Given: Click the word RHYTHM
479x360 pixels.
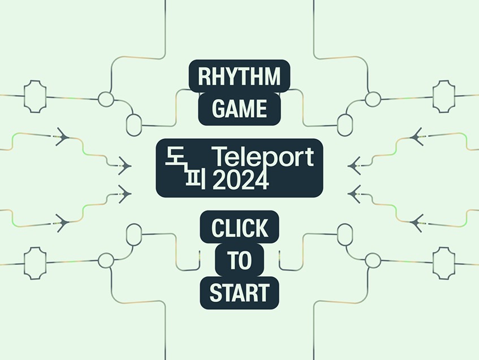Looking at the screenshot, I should (x=239, y=76).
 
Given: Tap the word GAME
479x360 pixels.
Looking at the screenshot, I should (x=239, y=109).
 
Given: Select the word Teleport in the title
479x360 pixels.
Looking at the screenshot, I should (x=261, y=158).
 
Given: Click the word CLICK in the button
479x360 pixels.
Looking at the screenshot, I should (x=239, y=228).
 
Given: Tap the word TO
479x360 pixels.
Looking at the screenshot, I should (x=239, y=261).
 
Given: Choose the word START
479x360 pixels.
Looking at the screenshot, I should (x=239, y=293).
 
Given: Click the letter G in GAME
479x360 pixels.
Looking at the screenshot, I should (x=219, y=109).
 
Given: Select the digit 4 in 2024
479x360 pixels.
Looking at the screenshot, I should (x=260, y=181).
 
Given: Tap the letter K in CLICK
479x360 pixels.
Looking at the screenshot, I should (x=261, y=228).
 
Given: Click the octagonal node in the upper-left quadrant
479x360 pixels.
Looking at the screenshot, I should (x=35, y=96).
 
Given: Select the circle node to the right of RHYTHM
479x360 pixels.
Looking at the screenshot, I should (x=372, y=99).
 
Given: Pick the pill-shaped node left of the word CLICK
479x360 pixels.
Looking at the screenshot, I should (x=134, y=235).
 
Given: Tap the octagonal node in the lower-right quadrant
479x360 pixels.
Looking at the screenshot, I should (x=443, y=262).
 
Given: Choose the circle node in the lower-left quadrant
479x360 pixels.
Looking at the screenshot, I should (x=106, y=260).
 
